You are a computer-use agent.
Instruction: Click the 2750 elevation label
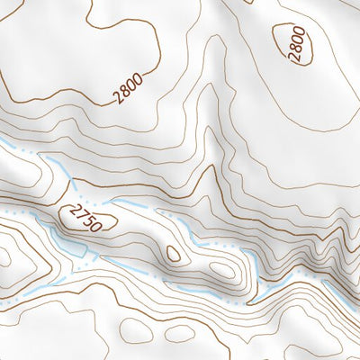82,218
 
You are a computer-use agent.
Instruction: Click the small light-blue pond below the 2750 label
65,241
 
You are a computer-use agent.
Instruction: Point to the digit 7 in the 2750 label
78,214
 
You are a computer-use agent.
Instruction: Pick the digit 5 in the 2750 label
85,220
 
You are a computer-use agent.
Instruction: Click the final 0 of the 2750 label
93,226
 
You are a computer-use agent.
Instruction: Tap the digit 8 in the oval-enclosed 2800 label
298,48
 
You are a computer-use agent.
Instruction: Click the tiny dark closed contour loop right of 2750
171,254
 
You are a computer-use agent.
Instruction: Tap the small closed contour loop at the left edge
4,256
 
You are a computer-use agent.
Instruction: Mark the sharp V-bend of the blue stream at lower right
254,296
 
